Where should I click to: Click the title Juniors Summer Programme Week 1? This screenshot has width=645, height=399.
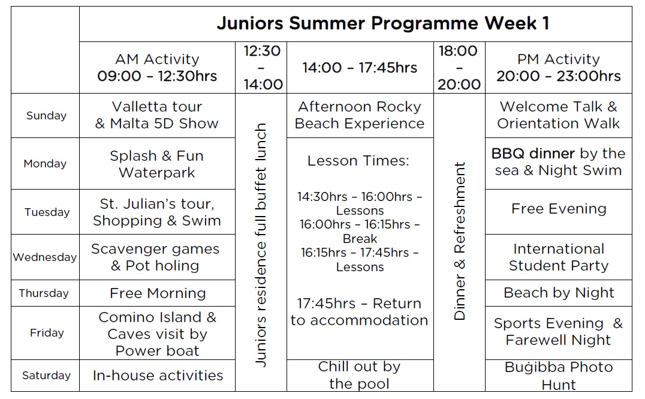(x=383, y=23)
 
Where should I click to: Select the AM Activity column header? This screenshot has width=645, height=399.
(x=157, y=68)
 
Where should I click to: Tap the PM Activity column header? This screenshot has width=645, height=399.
(x=559, y=68)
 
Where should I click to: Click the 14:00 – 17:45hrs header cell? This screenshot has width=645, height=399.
(x=360, y=68)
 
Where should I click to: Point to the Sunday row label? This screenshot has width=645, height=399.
(x=46, y=116)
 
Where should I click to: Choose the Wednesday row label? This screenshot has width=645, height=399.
(x=45, y=257)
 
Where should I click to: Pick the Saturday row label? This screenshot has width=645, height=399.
(x=46, y=376)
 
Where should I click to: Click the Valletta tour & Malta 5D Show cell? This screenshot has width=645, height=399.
(x=157, y=115)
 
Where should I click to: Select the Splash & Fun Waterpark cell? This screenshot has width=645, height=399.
(x=156, y=164)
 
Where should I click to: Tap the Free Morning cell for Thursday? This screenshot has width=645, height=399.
(x=158, y=293)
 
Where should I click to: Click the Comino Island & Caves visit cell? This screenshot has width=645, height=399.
(x=157, y=334)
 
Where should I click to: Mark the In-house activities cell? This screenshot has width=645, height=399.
(x=158, y=376)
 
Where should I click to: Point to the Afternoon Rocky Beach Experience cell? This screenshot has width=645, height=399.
(x=360, y=115)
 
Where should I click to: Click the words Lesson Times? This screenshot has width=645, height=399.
(x=358, y=161)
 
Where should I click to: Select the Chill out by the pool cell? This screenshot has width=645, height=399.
(x=359, y=375)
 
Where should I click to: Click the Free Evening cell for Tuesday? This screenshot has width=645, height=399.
(x=559, y=209)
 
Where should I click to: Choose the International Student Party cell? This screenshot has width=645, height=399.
(x=559, y=257)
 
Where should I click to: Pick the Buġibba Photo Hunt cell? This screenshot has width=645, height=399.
(x=559, y=376)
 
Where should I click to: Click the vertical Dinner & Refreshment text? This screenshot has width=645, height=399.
(x=460, y=241)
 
